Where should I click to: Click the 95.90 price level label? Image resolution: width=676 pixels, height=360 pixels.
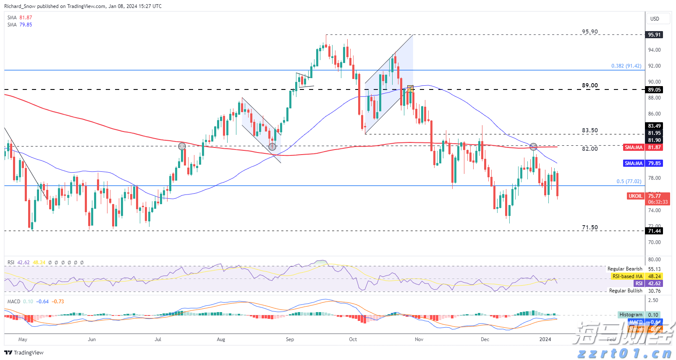(590, 32)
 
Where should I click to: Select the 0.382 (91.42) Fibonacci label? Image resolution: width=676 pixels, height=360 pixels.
(626, 66)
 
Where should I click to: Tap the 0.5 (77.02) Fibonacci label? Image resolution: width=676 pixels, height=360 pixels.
(629, 181)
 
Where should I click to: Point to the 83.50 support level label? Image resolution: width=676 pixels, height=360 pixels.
(590, 131)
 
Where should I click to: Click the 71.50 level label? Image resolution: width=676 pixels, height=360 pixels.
(590, 228)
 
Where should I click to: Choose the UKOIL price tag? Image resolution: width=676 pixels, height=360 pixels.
(635, 196)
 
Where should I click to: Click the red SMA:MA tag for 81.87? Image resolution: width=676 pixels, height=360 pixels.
(634, 147)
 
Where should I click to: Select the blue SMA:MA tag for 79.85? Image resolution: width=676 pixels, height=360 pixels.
(634, 163)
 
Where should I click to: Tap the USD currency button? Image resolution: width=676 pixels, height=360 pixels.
(655, 19)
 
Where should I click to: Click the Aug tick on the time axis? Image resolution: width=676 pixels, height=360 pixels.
(221, 339)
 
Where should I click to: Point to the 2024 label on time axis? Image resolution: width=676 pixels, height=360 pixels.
(545, 339)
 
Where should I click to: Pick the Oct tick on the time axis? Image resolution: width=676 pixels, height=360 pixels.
(353, 339)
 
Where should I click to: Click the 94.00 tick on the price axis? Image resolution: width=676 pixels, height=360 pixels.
(654, 50)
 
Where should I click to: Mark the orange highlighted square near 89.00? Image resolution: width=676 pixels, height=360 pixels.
(411, 89)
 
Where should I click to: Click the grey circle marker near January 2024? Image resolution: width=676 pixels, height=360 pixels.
(533, 147)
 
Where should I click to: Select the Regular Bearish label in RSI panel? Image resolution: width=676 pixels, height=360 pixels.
(625, 269)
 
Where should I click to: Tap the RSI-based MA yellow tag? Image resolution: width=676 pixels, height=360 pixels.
(627, 276)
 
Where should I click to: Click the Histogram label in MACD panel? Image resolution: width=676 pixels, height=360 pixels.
(631, 315)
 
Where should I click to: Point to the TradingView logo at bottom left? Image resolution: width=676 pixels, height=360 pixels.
(24, 352)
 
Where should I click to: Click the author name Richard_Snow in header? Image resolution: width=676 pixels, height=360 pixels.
(20, 6)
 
